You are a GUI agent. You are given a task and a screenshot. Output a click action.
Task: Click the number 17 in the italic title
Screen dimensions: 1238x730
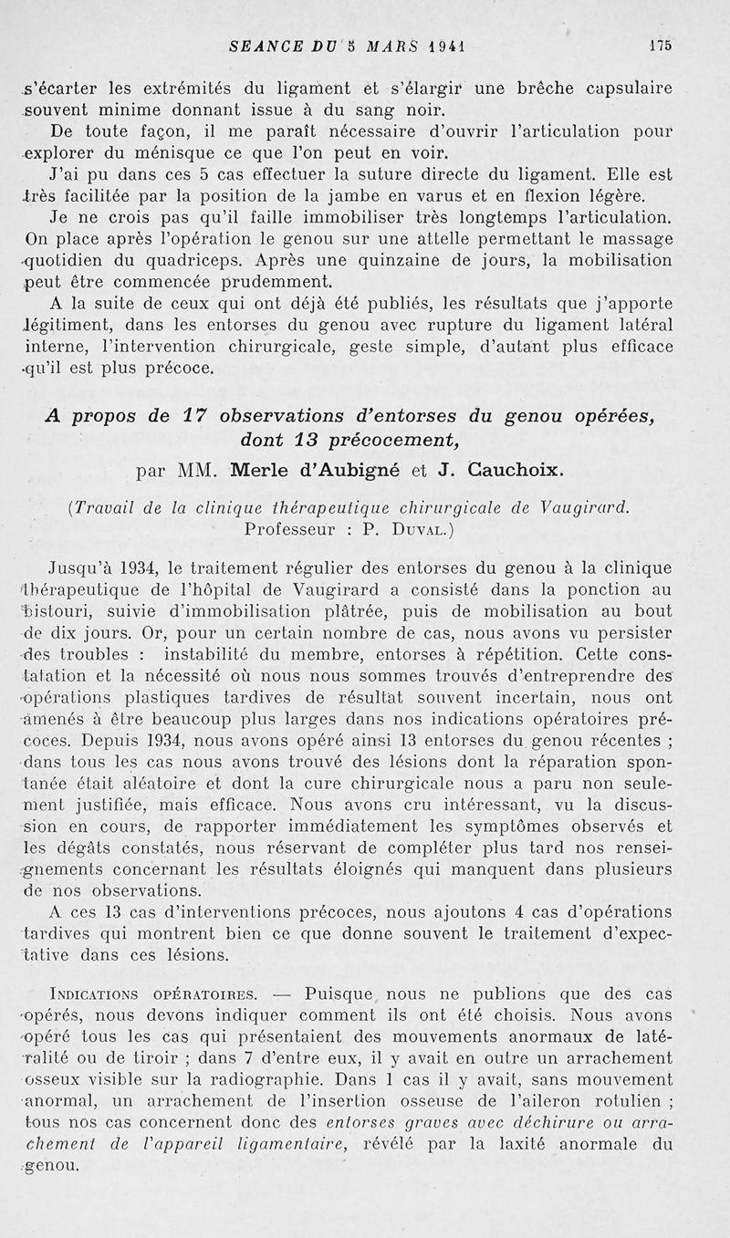point(191,416)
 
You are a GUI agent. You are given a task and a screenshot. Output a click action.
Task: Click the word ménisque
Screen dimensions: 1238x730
point(211,152)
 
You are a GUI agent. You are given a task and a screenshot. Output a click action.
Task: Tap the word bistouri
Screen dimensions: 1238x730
point(58,611)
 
